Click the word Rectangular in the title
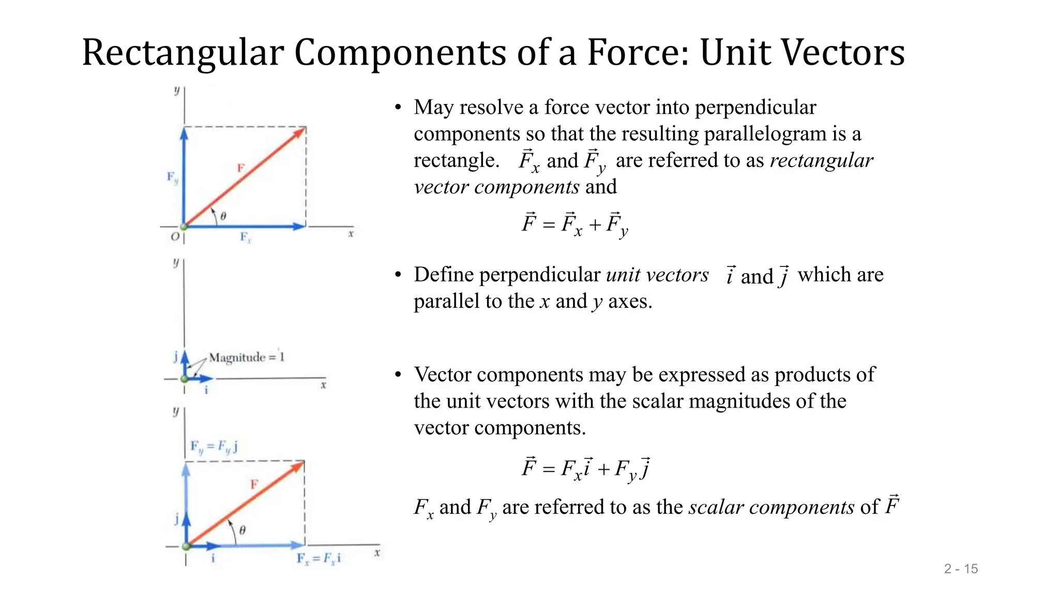(x=183, y=53)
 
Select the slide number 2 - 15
(x=961, y=569)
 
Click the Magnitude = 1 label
(x=247, y=357)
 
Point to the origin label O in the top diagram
(x=175, y=237)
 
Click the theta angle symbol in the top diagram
(x=223, y=216)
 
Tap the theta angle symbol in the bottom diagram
(x=242, y=530)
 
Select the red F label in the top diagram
(x=240, y=168)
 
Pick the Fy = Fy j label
(x=214, y=446)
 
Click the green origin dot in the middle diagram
(x=185, y=379)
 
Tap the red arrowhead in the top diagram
(x=299, y=132)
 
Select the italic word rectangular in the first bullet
(x=821, y=160)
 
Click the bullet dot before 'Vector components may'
(x=398, y=375)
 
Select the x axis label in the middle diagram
(x=323, y=385)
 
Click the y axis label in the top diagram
(x=177, y=91)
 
